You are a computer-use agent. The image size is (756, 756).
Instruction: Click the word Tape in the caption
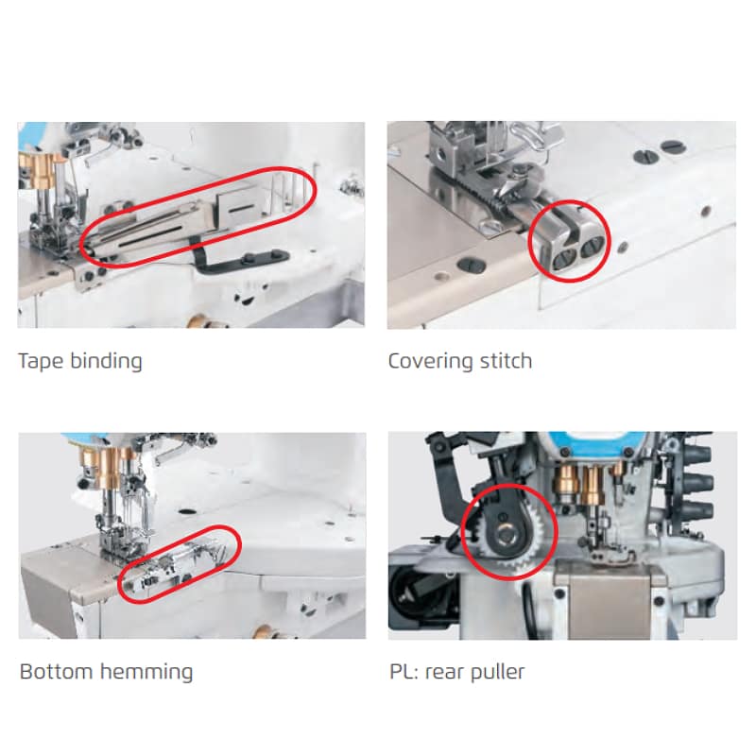pyautogui.click(x=41, y=361)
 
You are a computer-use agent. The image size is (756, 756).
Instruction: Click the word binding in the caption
pyautogui.click(x=106, y=361)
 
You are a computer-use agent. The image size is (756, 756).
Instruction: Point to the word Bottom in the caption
pyautogui.click(x=57, y=672)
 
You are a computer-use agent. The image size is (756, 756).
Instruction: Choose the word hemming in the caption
pyautogui.click(x=146, y=672)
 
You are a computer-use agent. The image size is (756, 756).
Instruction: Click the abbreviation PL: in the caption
pyautogui.click(x=404, y=672)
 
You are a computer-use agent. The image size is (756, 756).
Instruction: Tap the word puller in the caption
pyautogui.click(x=497, y=672)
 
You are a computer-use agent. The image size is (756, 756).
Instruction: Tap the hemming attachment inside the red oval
pyautogui.click(x=179, y=565)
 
